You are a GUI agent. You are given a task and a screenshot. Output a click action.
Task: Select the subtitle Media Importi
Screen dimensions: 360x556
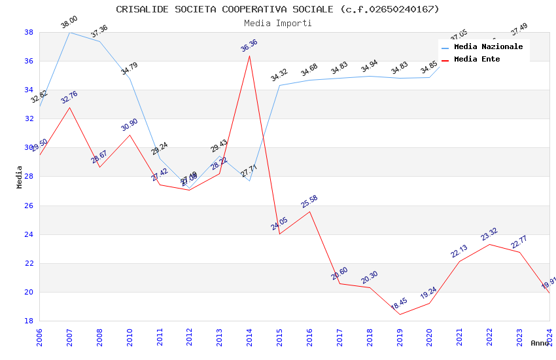[x=277, y=23]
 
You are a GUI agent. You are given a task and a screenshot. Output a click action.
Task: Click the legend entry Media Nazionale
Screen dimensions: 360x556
[x=488, y=47]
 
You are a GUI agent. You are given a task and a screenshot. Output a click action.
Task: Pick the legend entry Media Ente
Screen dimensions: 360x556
[x=477, y=60]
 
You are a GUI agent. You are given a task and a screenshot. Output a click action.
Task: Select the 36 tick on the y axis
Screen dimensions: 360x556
[x=29, y=61]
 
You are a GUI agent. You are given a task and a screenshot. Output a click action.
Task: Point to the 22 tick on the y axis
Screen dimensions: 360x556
[x=29, y=263]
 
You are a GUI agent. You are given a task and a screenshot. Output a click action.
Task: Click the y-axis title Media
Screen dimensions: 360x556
[x=20, y=177]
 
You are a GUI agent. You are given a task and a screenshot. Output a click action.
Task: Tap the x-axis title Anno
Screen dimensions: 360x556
[x=540, y=343]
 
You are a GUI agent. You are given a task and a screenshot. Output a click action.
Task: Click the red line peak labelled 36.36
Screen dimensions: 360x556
[x=249, y=56]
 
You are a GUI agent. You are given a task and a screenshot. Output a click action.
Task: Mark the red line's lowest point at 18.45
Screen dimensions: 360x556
[x=399, y=314]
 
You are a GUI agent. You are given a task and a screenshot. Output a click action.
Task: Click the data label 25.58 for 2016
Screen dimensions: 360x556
[x=309, y=202]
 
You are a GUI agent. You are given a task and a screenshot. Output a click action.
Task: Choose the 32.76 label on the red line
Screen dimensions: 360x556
[x=69, y=98]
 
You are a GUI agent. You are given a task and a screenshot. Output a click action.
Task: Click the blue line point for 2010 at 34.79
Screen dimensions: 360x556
[x=130, y=79]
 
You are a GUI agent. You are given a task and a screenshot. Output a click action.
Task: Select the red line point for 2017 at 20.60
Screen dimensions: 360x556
[x=339, y=283]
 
